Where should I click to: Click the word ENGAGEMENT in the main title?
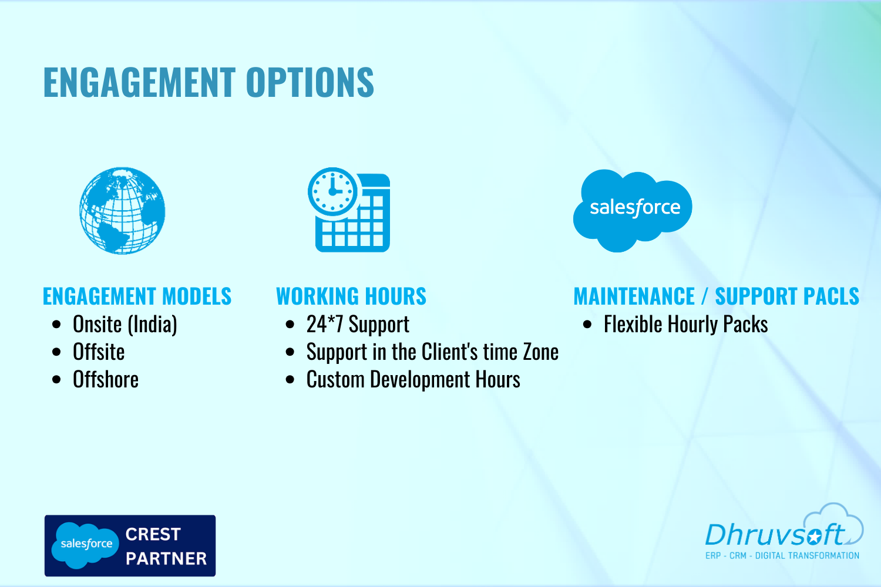[139, 82]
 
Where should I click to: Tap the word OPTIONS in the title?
[310, 82]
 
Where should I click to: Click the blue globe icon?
[122, 210]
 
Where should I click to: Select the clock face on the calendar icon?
[333, 191]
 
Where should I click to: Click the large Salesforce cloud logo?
[633, 210]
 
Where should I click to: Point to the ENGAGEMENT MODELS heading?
[137, 296]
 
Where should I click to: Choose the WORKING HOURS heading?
[351, 296]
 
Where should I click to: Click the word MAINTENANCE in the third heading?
[634, 296]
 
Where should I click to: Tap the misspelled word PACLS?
[831, 296]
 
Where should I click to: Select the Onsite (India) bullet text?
[125, 325]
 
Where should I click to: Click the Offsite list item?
[99, 352]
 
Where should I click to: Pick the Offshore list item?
[106, 379]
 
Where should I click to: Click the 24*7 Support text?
[358, 325]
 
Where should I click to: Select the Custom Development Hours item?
[413, 379]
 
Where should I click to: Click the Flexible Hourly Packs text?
[686, 325]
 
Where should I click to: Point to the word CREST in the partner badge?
[153, 534]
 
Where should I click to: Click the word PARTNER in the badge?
[166, 558]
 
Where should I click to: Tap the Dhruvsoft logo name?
[775, 534]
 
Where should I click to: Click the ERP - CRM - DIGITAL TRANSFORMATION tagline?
[782, 555]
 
